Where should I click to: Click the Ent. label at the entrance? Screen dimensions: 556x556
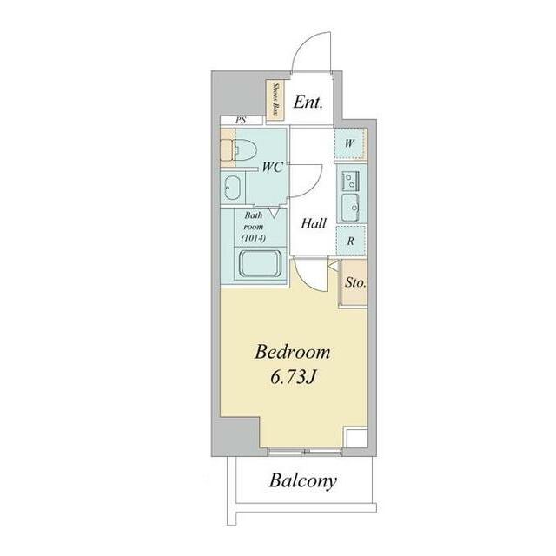point(308,103)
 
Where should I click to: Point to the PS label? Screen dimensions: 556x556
point(241,120)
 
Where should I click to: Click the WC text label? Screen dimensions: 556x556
point(272,167)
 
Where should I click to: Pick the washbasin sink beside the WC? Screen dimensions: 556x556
point(232,188)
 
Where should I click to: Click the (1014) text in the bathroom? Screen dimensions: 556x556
point(253,238)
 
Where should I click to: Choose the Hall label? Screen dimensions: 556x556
point(314,223)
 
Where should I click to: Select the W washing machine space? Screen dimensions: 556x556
point(350,143)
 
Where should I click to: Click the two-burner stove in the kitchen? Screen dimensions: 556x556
point(350,182)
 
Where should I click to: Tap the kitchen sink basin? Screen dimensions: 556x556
point(350,208)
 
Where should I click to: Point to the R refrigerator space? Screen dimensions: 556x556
point(351,241)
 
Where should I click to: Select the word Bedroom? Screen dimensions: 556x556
point(293,352)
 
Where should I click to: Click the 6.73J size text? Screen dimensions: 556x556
point(293,378)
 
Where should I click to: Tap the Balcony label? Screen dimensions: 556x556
point(303,480)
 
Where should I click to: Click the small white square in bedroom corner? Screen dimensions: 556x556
point(357,438)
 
